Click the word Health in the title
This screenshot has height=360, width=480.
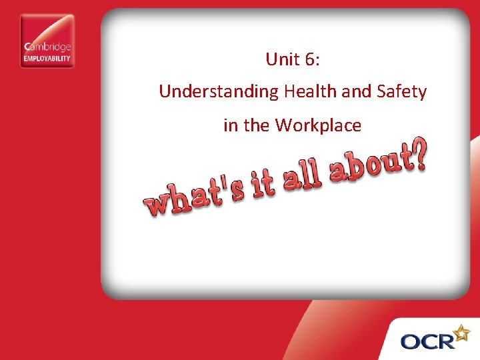pyautogui.click(x=310, y=91)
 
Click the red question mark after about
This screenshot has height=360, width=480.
pyautogui.click(x=415, y=154)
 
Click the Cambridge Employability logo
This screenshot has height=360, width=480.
pyautogui.click(x=47, y=41)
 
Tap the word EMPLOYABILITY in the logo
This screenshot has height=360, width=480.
pyautogui.click(x=47, y=58)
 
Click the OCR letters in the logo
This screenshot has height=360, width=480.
pyautogui.click(x=427, y=341)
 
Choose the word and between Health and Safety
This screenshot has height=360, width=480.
pyautogui.click(x=355, y=91)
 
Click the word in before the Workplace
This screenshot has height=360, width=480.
pyautogui.click(x=230, y=125)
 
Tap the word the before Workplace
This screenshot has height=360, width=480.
pyautogui.click(x=257, y=125)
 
